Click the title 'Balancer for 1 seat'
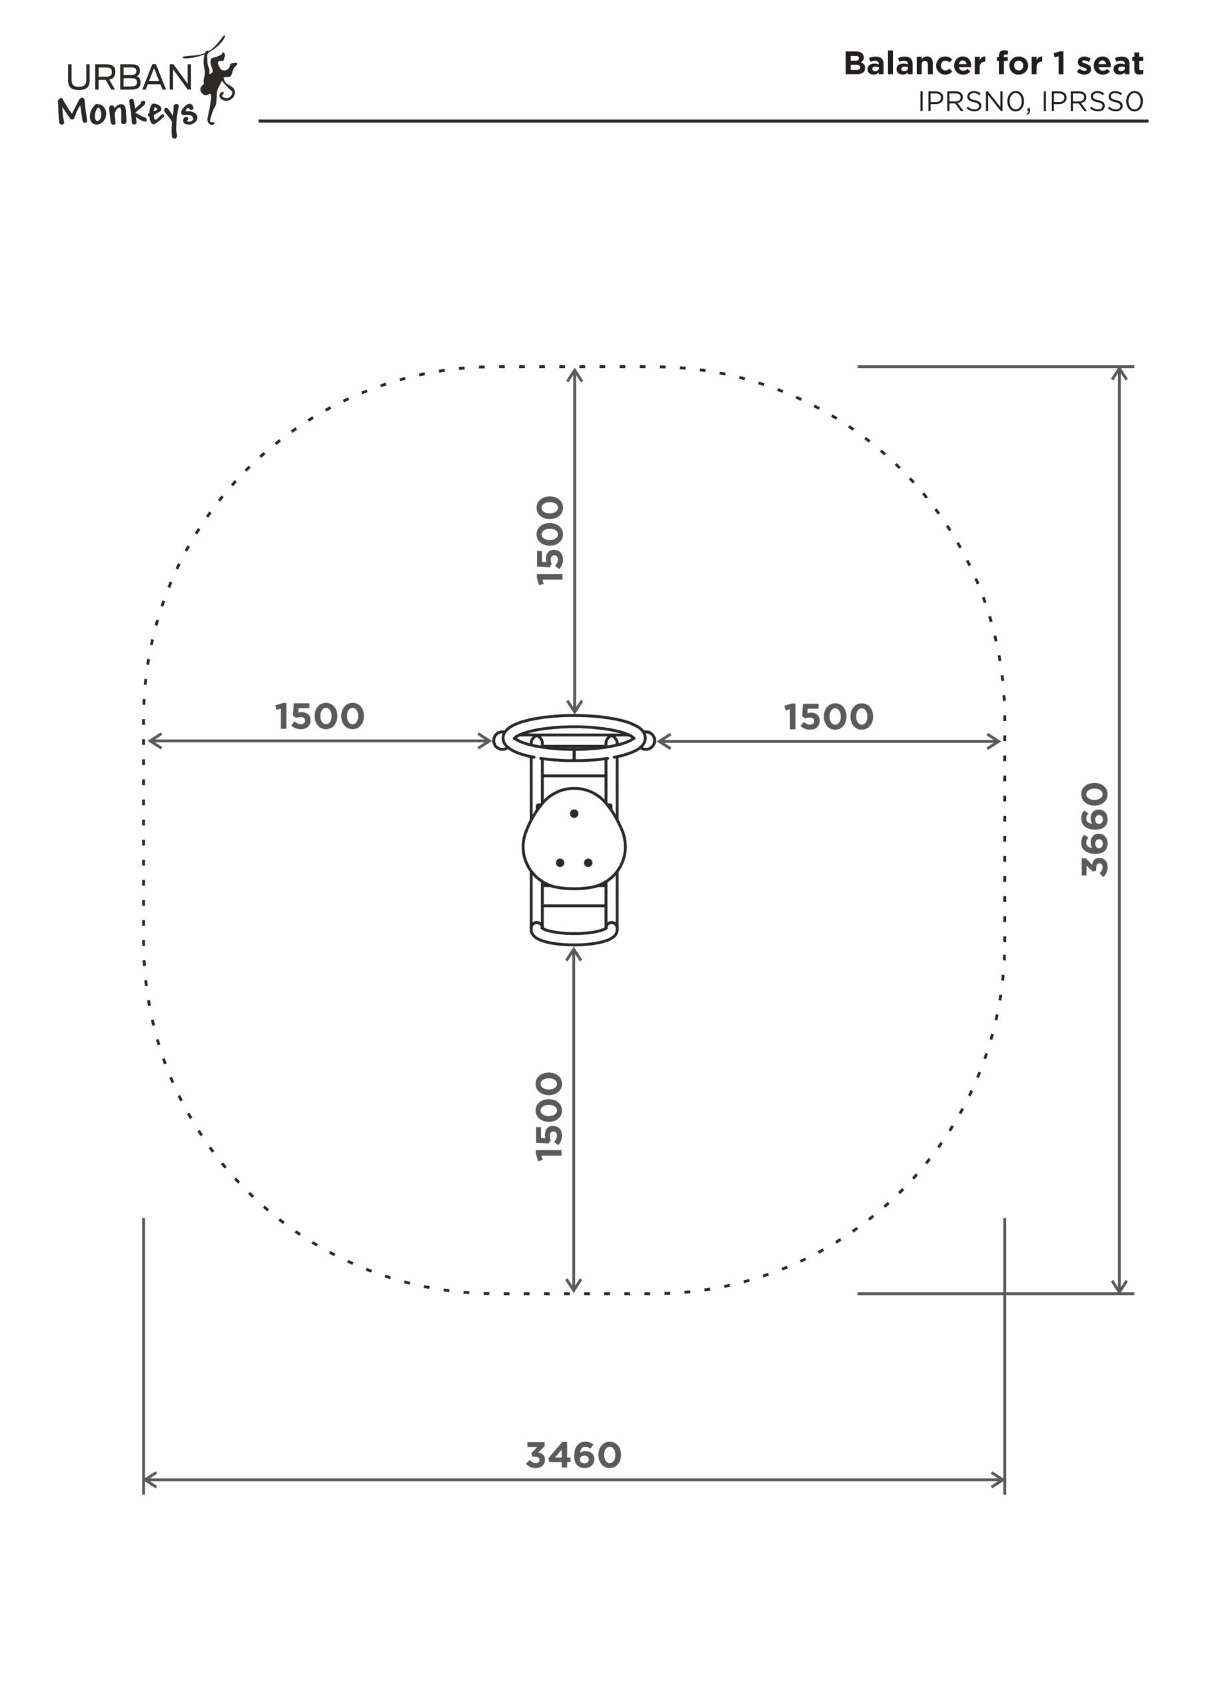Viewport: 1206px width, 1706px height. [x=993, y=63]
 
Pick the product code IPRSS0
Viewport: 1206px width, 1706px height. [x=1092, y=102]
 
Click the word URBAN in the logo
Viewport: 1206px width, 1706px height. [x=130, y=77]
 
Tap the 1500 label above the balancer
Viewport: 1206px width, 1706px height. [x=550, y=540]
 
